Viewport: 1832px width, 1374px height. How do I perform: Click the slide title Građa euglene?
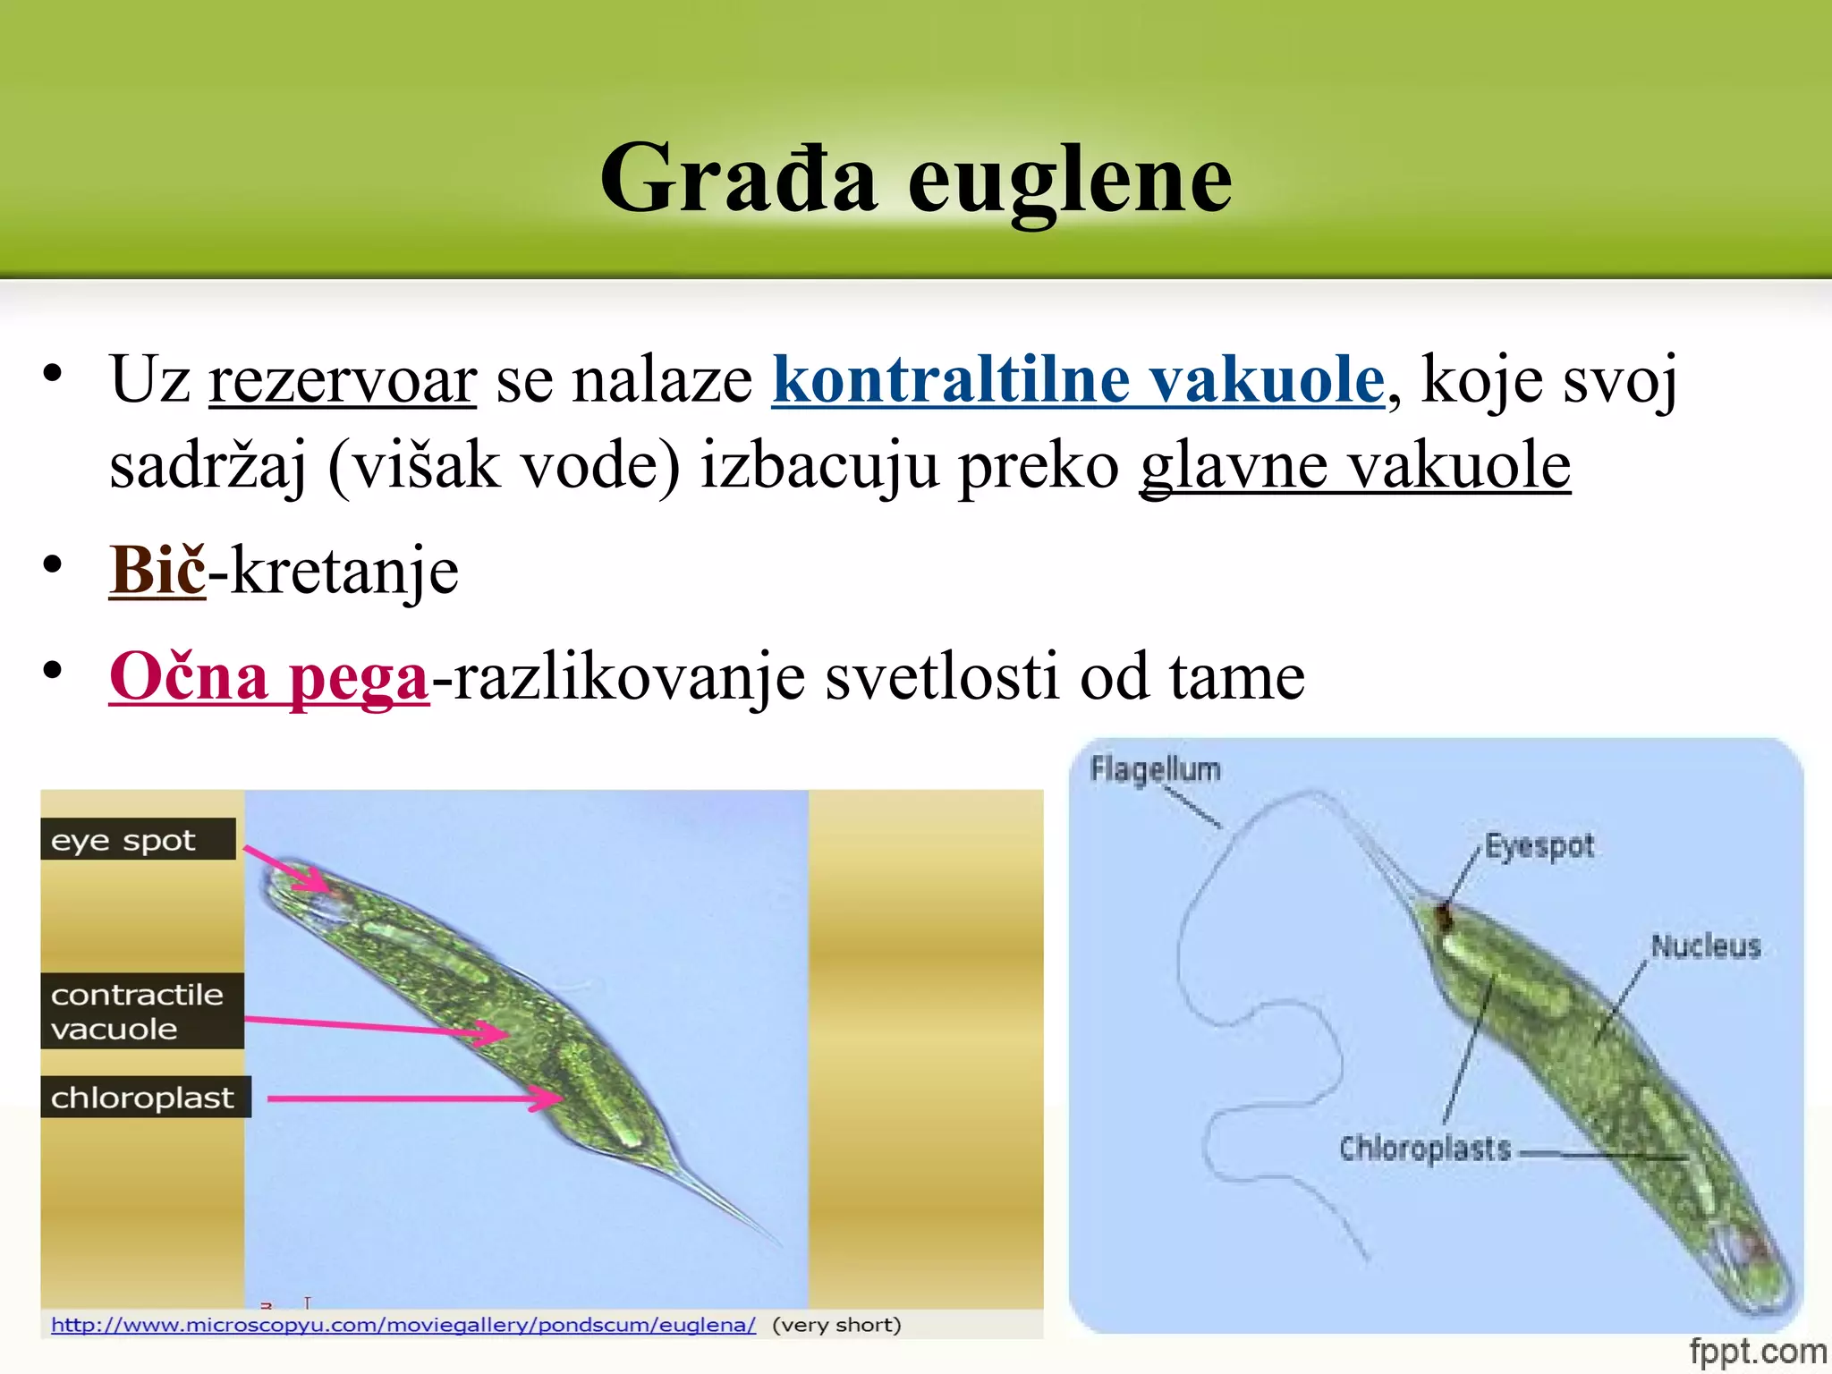[x=916, y=179]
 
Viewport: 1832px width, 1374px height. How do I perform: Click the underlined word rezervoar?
[x=343, y=381]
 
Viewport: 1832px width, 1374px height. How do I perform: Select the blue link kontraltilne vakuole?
[x=1078, y=381]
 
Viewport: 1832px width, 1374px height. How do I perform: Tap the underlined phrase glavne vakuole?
[x=1354, y=466]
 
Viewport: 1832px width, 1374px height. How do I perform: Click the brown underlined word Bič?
[x=157, y=571]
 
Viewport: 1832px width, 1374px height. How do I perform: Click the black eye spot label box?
[x=138, y=840]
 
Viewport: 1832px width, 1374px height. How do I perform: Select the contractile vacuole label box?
[x=141, y=1011]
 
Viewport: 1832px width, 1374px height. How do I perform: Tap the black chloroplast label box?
[x=145, y=1097]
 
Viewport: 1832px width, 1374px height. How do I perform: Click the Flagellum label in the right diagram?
[x=1155, y=769]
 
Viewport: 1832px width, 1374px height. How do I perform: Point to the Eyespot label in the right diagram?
[x=1539, y=845]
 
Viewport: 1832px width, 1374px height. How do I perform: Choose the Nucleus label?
[x=1705, y=946]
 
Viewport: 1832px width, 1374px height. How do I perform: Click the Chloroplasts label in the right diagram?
[x=1424, y=1148]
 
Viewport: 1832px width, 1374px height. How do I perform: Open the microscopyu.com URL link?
[x=403, y=1325]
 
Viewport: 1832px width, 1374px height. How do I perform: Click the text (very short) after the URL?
[x=836, y=1325]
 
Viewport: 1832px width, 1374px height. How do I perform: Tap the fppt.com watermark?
[x=1757, y=1351]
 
